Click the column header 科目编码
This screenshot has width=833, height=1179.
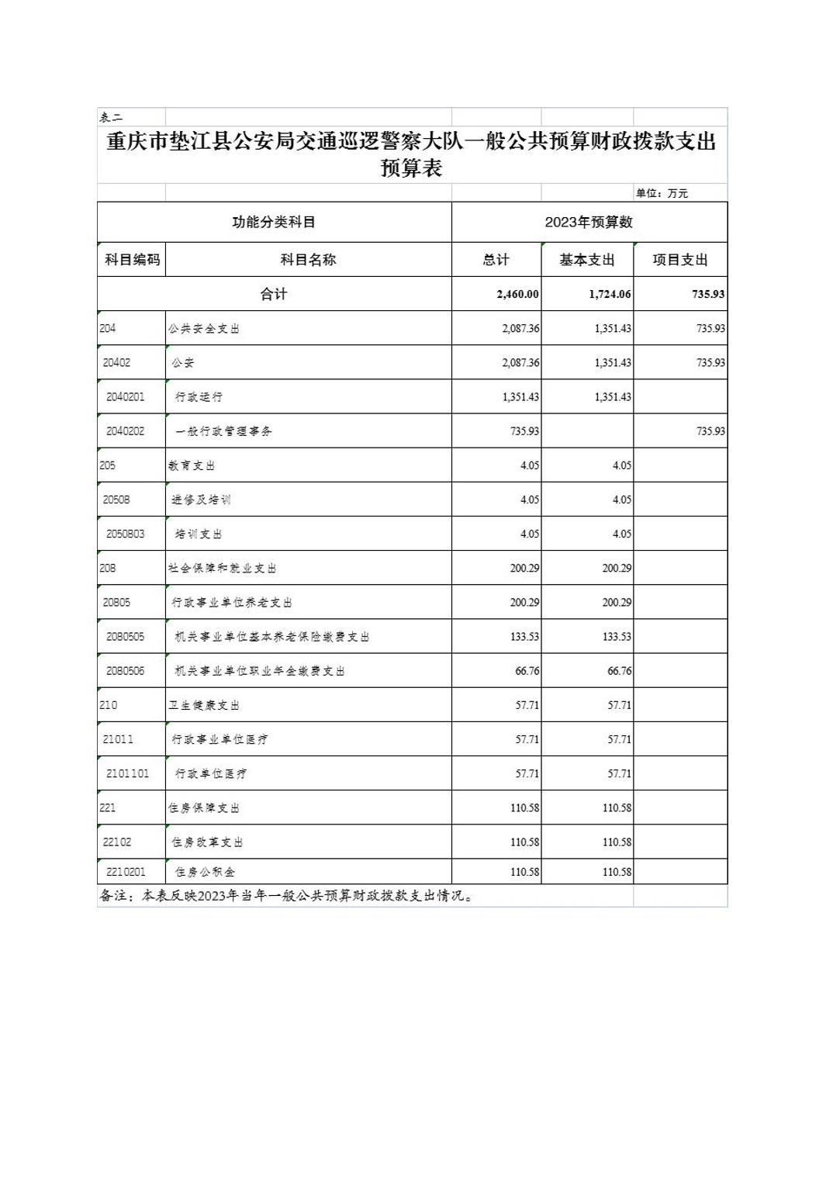pos(132,260)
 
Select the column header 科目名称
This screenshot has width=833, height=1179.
pos(308,260)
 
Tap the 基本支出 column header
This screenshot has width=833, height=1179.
pos(587,260)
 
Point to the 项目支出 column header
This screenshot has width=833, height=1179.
pos(680,260)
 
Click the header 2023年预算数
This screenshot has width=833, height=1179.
pos(589,222)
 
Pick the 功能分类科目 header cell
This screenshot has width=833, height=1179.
pos(274,222)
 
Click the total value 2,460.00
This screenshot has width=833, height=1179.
pos(517,294)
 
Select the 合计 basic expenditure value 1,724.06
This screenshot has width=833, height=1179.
pos(610,294)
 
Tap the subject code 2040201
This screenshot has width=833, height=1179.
pos(126,396)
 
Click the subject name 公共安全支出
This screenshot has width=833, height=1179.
pos(204,328)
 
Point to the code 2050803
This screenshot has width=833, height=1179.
pos(126,534)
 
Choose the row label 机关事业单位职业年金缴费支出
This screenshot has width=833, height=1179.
pos(260,671)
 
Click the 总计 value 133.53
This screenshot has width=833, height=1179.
pos(524,637)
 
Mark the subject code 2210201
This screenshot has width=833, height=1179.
pos(126,872)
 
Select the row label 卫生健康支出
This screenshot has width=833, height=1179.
pos(204,705)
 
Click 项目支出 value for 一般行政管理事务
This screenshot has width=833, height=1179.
pos(710,431)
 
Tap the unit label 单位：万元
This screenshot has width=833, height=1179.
pos(662,193)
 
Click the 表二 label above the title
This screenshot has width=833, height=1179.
pos(111,117)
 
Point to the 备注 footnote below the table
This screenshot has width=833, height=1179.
pos(286,896)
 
